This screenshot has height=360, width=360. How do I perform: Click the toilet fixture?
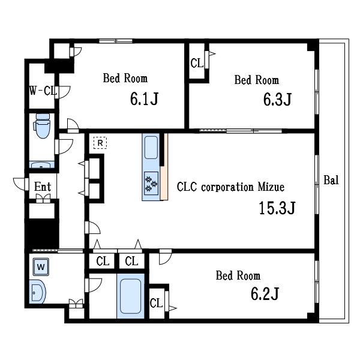point(42,126)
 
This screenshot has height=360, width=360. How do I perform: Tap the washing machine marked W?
point(41,267)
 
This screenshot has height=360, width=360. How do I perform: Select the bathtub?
point(130,296)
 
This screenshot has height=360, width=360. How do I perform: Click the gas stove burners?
point(151,183)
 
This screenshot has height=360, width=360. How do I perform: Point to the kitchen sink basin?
point(151,148)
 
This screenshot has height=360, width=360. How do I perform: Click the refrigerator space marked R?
point(100,143)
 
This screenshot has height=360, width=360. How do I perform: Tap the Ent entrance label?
point(43,187)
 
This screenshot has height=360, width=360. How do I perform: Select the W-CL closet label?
point(43,91)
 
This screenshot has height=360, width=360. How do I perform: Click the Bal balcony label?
point(331,180)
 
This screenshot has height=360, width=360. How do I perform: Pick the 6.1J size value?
point(144,99)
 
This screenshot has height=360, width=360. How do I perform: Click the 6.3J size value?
point(277,100)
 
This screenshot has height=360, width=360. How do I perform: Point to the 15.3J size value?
point(277,208)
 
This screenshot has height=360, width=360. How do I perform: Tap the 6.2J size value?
point(265,293)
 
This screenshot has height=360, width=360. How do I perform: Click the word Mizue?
point(271,187)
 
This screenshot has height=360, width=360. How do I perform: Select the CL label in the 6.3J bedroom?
point(197,63)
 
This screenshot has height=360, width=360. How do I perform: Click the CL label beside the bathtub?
point(156,303)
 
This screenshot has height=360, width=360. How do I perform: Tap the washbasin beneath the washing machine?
point(37,292)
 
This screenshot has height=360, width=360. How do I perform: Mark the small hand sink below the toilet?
point(41,165)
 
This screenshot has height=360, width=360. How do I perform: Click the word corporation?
point(227,187)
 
